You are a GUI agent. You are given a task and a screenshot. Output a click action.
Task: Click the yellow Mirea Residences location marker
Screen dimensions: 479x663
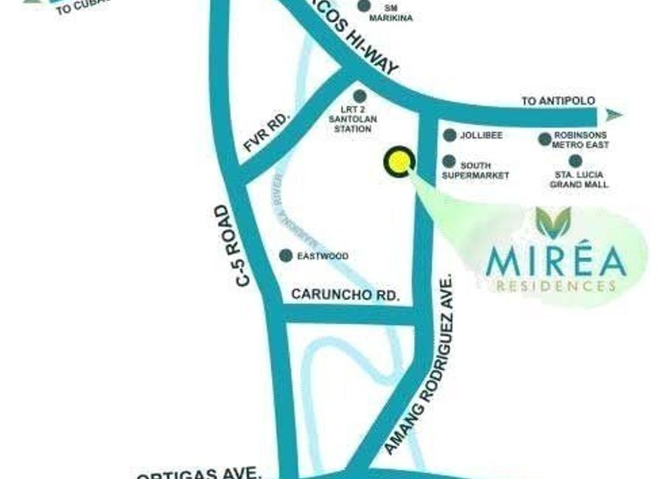399,161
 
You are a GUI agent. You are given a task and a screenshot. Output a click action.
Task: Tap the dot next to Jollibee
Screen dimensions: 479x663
449,136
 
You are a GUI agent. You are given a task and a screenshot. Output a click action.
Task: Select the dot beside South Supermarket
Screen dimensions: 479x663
449,161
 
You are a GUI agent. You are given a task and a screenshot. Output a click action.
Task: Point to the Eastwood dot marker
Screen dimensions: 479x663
285,256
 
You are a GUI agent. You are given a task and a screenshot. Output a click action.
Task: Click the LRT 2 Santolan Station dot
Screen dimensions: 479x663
359,96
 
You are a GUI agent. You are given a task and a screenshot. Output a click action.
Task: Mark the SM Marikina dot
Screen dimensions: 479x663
364,6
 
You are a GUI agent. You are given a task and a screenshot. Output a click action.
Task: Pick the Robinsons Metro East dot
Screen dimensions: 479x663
544,139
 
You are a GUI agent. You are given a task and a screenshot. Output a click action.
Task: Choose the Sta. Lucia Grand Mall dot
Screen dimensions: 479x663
575,161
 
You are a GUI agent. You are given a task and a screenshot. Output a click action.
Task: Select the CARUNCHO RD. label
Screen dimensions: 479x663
345,295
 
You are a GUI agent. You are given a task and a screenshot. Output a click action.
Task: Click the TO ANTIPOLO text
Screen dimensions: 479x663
558,101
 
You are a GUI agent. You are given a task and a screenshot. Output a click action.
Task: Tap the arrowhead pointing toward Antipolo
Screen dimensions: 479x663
614,114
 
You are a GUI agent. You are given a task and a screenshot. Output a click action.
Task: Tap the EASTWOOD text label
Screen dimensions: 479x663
322,256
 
